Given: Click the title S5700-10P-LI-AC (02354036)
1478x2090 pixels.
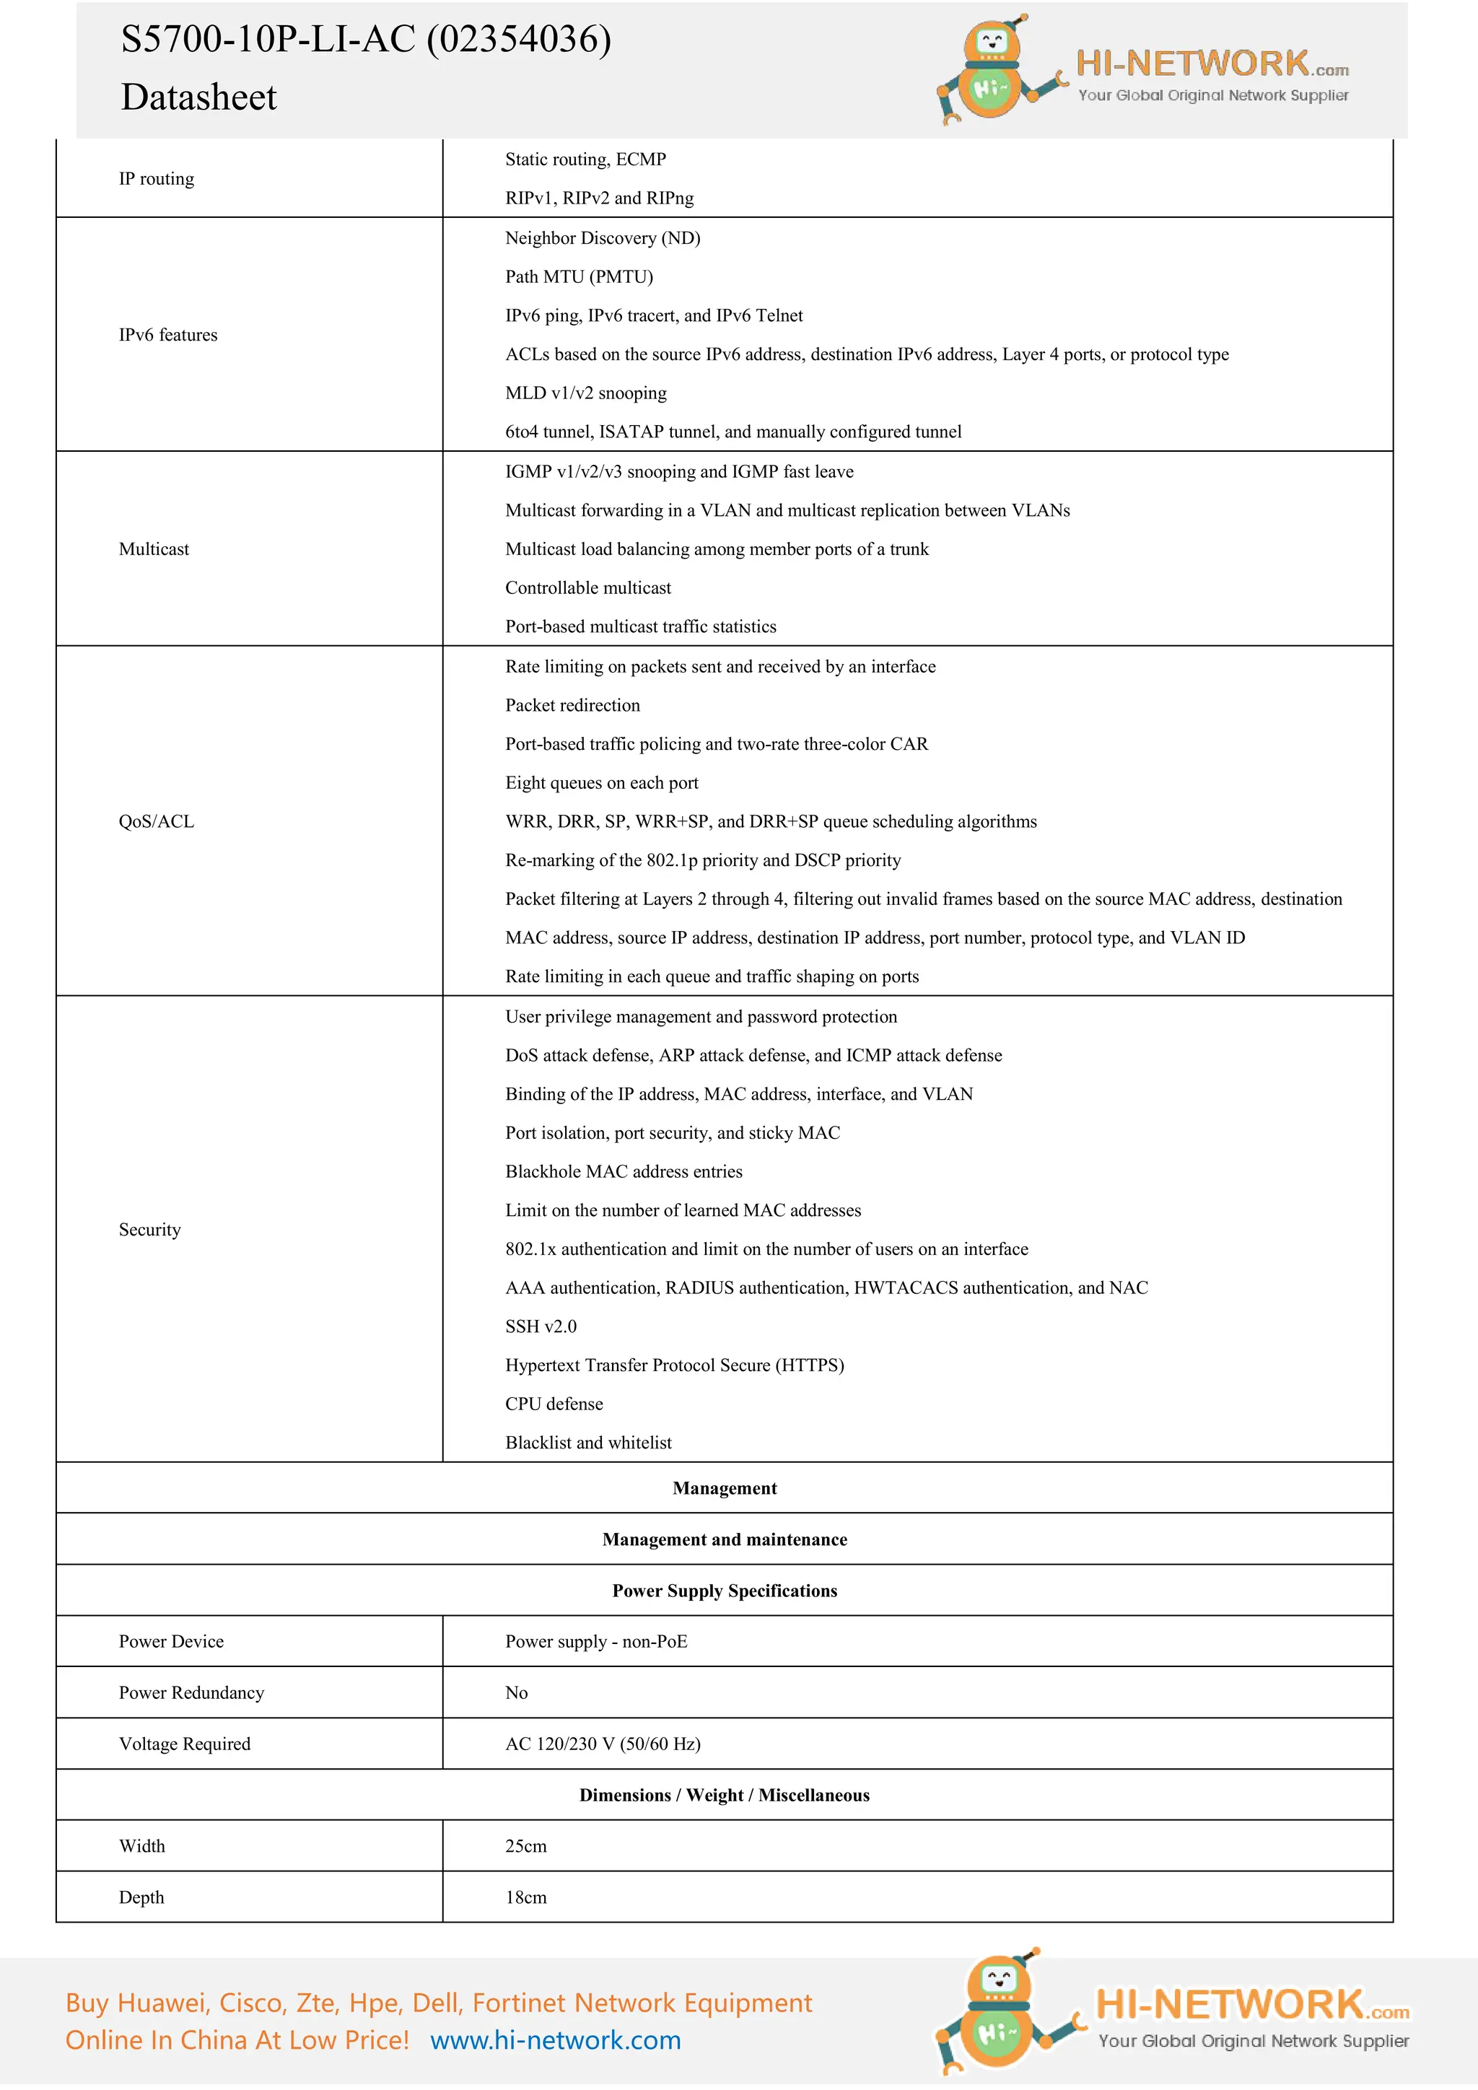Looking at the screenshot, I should coord(366,40).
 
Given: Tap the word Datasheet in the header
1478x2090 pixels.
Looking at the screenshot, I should coord(198,97).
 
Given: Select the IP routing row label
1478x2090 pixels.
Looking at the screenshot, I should coord(157,178).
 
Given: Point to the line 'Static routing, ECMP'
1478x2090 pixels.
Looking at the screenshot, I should coord(585,159).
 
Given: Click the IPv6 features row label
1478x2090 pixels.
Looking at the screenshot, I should coord(168,335).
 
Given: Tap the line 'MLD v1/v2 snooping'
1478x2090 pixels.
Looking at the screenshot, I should coord(585,393).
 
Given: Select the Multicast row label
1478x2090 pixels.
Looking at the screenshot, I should coord(154,549).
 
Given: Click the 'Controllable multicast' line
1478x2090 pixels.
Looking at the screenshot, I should coord(588,588).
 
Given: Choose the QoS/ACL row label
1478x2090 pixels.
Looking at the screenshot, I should coord(157,821).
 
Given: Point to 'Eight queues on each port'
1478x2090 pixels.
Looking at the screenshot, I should coord(602,783).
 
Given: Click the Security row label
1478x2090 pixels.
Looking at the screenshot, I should coord(150,1230).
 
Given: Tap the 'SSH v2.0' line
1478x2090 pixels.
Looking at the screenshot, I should coord(541,1326).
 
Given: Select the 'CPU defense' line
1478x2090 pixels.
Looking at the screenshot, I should coord(554,1404).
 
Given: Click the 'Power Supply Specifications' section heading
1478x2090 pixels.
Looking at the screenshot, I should coord(725,1591).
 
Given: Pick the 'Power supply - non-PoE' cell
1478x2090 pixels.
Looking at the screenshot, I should coord(596,1641).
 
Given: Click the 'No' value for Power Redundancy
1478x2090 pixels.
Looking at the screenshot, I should coord(516,1692).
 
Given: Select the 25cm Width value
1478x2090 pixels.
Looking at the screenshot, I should coord(526,1846).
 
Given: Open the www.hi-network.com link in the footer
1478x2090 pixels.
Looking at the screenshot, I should coord(555,2040).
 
